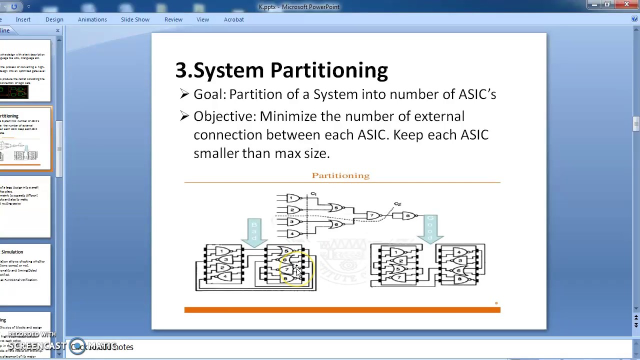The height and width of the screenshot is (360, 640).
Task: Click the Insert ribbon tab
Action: click(x=23, y=19)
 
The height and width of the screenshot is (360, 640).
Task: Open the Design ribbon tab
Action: click(x=54, y=19)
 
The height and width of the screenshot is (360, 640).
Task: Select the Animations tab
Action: click(x=92, y=19)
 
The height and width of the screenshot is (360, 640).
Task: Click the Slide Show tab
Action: click(x=135, y=19)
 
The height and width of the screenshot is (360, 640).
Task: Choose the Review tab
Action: click(x=173, y=19)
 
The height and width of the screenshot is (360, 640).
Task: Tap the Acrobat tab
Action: click(x=233, y=19)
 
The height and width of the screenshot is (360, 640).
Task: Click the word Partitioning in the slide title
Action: click(x=328, y=70)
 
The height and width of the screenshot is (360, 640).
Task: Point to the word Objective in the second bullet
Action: click(x=224, y=116)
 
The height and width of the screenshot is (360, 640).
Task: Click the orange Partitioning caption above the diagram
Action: click(x=340, y=175)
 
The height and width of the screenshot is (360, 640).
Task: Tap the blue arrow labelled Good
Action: click(x=430, y=228)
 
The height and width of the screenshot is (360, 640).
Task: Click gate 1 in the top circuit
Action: click(x=291, y=198)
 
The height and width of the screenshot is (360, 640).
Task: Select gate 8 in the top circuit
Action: click(x=408, y=216)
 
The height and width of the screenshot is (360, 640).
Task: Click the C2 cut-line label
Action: click(x=397, y=204)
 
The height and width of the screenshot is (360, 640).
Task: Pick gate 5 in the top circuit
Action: click(x=336, y=208)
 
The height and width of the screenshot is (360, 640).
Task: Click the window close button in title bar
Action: click(x=627, y=5)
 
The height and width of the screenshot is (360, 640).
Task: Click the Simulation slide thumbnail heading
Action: click(x=12, y=252)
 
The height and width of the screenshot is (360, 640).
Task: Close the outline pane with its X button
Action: click(x=57, y=30)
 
